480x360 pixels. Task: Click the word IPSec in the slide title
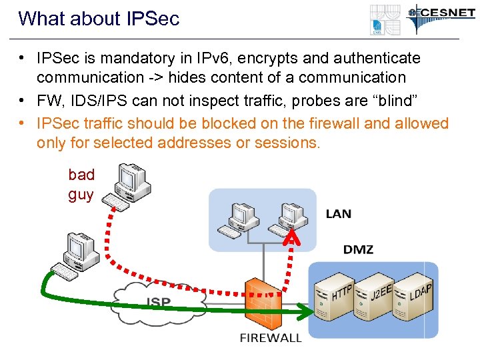click(x=152, y=19)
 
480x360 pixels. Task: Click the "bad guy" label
click(x=81, y=184)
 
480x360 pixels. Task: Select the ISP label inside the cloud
click(x=158, y=302)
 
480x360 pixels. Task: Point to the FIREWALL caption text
click(x=271, y=337)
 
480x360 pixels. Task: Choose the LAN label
click(x=338, y=214)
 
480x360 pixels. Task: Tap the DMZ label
click(x=358, y=250)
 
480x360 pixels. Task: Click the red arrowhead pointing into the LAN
click(x=291, y=238)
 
